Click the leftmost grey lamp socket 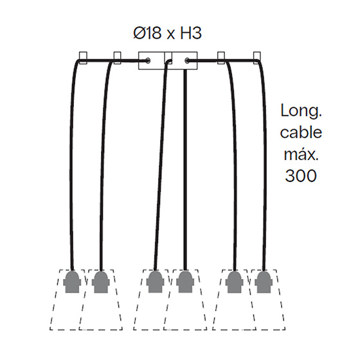click(x=72, y=282)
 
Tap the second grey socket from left click(x=101, y=282)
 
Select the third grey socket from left click(x=155, y=282)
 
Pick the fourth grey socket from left click(x=185, y=282)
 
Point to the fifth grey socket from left click(x=235, y=282)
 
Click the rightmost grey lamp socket click(x=264, y=282)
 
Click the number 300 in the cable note click(x=301, y=175)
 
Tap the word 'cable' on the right click(x=301, y=132)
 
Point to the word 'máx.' click(x=301, y=154)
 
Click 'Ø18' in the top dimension click(x=147, y=33)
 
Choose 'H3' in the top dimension click(x=190, y=33)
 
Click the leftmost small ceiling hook click(x=83, y=58)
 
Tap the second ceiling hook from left click(x=117, y=58)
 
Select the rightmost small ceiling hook click(x=257, y=58)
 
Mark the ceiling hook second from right click(x=221, y=58)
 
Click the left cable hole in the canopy click(x=148, y=60)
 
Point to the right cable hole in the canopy click(x=187, y=60)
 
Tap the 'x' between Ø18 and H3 click(x=170, y=35)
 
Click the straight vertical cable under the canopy click(x=185, y=170)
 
